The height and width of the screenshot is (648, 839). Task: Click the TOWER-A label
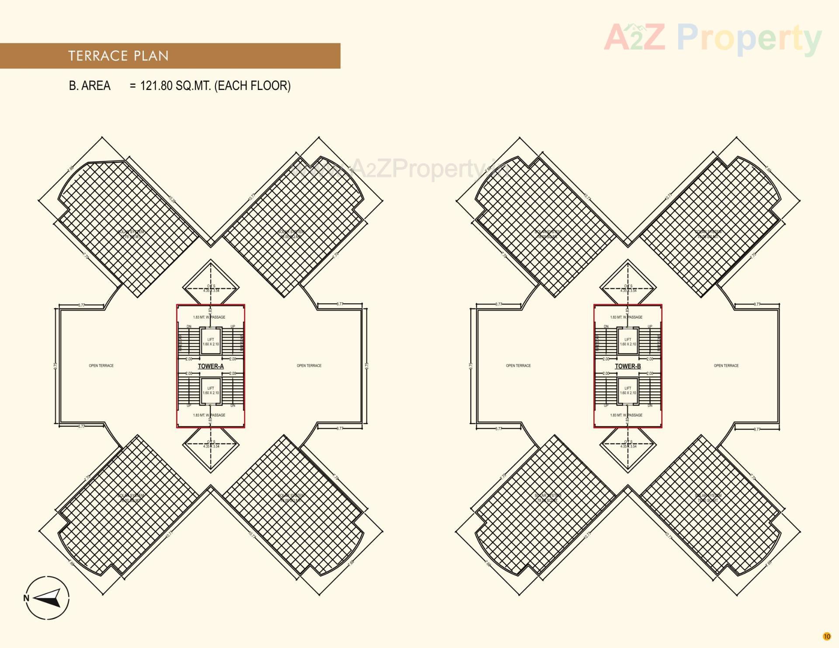[211, 366]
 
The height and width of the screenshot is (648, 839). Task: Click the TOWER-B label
[628, 366]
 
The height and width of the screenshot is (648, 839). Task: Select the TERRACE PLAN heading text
[118, 56]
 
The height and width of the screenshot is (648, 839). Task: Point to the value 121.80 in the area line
[156, 86]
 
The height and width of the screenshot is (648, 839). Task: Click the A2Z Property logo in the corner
[713, 38]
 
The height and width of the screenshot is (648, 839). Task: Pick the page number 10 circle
[826, 636]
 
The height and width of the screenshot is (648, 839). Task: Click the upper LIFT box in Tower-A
[211, 342]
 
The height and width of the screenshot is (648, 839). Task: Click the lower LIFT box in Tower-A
[211, 391]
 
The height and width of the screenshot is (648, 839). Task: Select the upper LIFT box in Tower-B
[628, 342]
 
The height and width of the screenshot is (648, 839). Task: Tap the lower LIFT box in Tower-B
[628, 391]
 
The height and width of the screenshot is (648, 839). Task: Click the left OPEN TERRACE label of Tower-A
[101, 366]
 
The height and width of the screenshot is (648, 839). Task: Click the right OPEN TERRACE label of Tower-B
[726, 366]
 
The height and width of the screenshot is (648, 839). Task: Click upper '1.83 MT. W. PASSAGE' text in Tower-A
[209, 317]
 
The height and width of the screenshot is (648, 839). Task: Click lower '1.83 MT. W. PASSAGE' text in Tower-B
[626, 415]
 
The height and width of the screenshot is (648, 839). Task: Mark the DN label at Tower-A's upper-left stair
[189, 326]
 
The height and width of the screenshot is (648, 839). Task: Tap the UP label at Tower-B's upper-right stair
[650, 326]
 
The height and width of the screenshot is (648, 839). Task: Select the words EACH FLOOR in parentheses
[253, 86]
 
